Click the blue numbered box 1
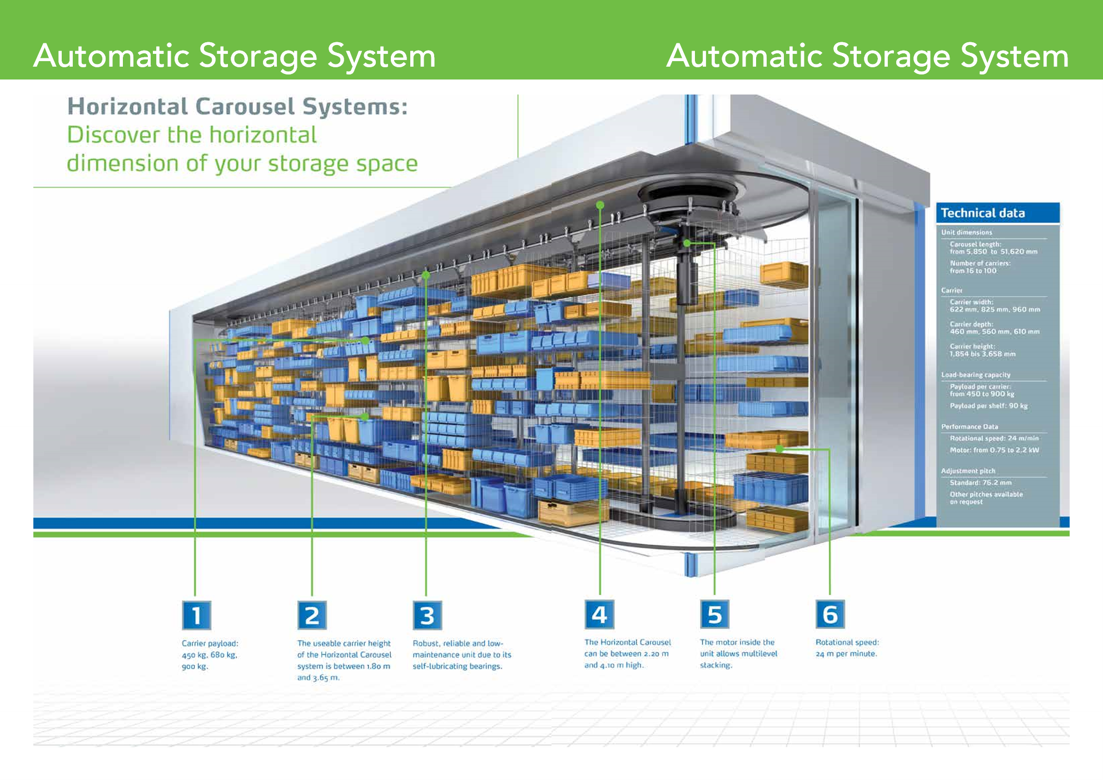click(x=196, y=615)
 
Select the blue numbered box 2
click(x=312, y=615)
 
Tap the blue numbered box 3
click(x=427, y=615)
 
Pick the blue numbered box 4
click(x=599, y=614)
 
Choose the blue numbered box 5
click(x=714, y=614)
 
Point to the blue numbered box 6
click(x=830, y=614)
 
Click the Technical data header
click(x=982, y=213)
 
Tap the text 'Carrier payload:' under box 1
click(x=210, y=643)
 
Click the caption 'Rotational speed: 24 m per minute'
click(x=847, y=648)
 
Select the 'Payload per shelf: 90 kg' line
click(x=988, y=406)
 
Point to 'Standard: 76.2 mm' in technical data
click(x=981, y=483)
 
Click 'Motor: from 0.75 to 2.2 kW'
click(x=994, y=450)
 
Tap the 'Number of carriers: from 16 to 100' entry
click(x=980, y=267)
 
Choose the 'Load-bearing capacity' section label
click(x=976, y=375)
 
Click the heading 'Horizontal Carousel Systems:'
click(x=237, y=107)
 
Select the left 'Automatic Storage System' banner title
click(x=234, y=56)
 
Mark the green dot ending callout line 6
click(x=779, y=449)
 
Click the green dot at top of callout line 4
click(x=600, y=205)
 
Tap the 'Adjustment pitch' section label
click(x=968, y=471)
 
